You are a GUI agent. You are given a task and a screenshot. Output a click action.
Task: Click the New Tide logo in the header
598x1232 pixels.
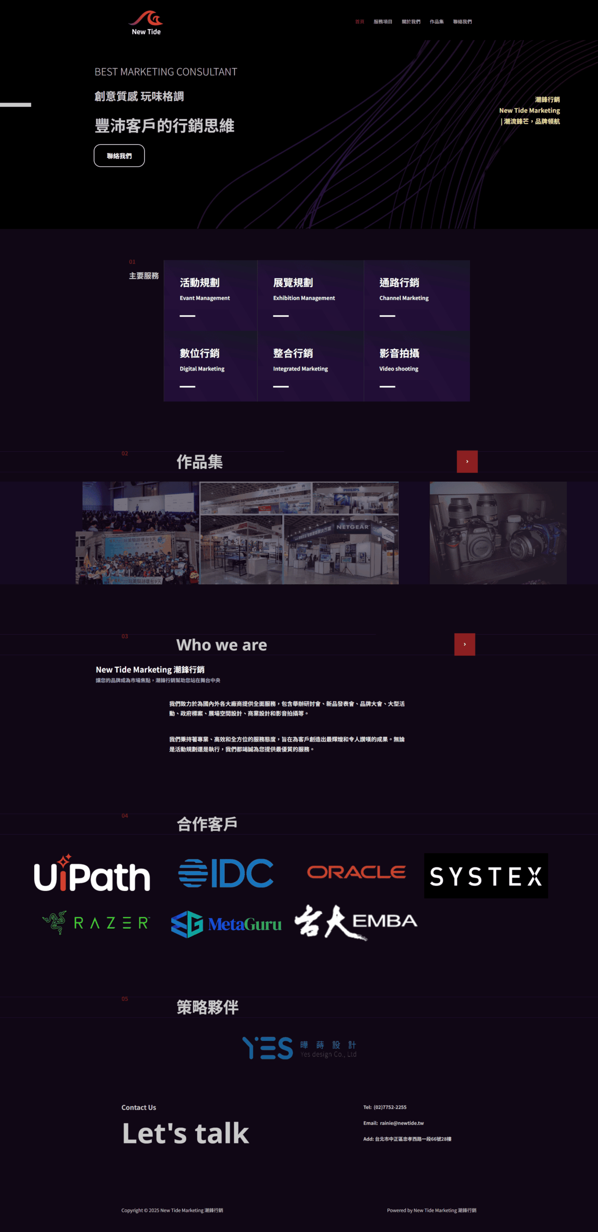pos(146,23)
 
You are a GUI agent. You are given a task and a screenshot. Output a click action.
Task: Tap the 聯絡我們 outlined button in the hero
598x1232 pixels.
pos(119,156)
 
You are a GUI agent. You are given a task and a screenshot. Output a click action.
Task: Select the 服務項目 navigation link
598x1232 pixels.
pos(382,22)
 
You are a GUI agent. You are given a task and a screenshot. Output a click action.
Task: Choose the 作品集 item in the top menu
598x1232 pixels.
pos(436,22)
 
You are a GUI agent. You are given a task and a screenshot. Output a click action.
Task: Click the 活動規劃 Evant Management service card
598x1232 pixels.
pos(210,295)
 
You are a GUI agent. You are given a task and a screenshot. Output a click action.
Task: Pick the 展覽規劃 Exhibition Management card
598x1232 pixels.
pos(310,295)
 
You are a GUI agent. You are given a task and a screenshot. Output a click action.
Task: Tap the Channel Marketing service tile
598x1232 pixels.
pos(417,295)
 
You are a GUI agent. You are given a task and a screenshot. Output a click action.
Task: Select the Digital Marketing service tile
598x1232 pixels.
pos(210,367)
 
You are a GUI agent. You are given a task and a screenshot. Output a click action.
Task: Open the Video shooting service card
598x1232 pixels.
pos(417,367)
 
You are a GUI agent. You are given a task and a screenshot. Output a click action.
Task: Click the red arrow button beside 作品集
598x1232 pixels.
pos(467,462)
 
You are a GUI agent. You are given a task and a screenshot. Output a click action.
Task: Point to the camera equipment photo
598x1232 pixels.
pos(498,533)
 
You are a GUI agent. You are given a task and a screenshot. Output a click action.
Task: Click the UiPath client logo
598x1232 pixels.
pos(92,873)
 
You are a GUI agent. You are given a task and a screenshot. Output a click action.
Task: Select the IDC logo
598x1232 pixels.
pos(226,873)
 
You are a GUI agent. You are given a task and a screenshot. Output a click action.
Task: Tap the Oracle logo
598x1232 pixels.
pos(356,872)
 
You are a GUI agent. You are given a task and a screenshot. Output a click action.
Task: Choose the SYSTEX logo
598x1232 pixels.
pos(486,876)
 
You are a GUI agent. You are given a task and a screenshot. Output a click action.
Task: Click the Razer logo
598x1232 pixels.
pos(96,923)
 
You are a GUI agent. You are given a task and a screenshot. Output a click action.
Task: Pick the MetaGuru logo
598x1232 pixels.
pos(226,924)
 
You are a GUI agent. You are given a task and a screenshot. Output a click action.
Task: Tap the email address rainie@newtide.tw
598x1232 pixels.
pos(402,1123)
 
